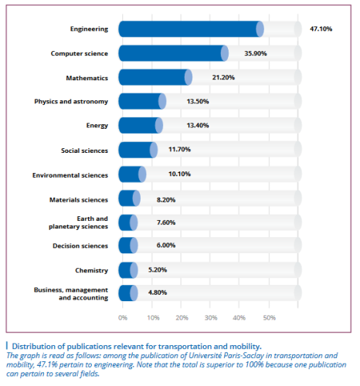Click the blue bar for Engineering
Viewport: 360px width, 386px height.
191,29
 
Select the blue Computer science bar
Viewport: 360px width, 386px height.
173,53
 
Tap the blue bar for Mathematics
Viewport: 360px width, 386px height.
155,77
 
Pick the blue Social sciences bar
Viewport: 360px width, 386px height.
138,150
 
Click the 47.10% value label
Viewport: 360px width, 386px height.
321,29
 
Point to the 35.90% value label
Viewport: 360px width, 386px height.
256,53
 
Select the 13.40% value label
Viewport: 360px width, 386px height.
198,126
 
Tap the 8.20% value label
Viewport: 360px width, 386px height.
166,200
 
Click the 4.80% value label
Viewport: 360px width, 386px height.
158,293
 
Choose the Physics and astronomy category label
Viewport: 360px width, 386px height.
71,102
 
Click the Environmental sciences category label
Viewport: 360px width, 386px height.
70,175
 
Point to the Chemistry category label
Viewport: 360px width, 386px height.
91,270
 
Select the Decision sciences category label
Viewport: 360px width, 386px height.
80,246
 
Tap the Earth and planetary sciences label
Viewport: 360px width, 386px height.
78,222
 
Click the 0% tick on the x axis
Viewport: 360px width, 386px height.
123,318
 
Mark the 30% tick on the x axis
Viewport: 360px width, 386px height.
211,318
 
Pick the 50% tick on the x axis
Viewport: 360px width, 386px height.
270,318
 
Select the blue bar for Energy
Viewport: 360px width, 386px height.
141,125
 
